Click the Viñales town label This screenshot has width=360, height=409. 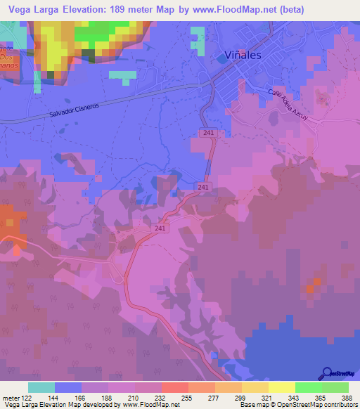pyautogui.click(x=240, y=54)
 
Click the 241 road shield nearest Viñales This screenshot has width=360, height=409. pyautogui.click(x=207, y=133)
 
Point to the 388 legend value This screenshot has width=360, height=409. pyautogui.click(x=348, y=397)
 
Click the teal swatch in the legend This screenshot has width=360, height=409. pyautogui.click(x=41, y=387)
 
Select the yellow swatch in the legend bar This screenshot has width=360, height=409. pyautogui.click(x=282, y=387)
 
